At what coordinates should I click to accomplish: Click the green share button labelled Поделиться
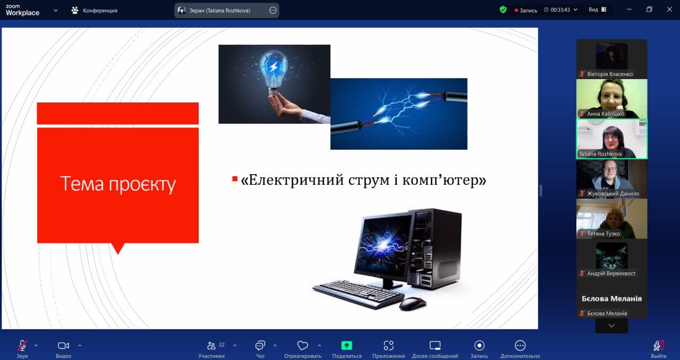click(x=346, y=346)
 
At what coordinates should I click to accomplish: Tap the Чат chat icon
click(x=260, y=346)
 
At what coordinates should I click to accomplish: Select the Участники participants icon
click(x=211, y=346)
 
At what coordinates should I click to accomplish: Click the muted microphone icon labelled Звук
click(x=22, y=346)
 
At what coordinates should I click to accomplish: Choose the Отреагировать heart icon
click(x=302, y=346)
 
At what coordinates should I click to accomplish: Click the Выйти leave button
click(x=658, y=346)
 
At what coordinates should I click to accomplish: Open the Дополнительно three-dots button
click(x=520, y=346)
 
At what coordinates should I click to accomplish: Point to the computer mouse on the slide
click(x=413, y=303)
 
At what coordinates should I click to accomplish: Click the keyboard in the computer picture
click(x=358, y=294)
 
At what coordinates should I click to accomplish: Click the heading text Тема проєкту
click(x=118, y=184)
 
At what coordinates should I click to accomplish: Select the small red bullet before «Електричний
click(x=235, y=179)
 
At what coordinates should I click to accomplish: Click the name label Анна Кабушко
click(x=606, y=114)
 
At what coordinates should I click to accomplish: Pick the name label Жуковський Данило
click(x=613, y=193)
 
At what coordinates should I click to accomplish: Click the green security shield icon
click(x=503, y=10)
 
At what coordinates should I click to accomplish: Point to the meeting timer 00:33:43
click(x=560, y=10)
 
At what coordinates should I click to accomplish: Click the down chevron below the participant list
click(x=611, y=325)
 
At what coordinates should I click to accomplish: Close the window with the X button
click(x=669, y=10)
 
